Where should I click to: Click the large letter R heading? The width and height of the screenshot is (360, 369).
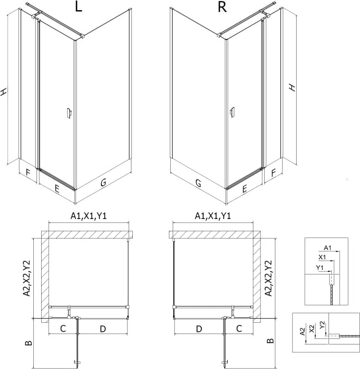tap(222, 7)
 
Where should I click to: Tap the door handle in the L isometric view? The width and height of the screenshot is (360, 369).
tap(69, 113)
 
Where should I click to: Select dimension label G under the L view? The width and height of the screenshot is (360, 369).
tap(103, 182)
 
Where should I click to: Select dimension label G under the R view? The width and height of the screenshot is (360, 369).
tap(199, 182)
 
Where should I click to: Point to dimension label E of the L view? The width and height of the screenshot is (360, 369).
tap(56, 188)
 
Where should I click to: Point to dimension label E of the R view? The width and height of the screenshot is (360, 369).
tap(244, 188)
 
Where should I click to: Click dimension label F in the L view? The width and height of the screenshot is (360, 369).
tap(28, 173)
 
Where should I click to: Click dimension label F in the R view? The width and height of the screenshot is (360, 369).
tap(273, 173)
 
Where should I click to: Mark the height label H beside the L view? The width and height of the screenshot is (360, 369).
tap(3, 92)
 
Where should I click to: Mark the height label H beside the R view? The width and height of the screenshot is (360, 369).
tap(292, 88)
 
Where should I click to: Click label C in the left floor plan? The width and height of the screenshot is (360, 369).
tap(63, 329)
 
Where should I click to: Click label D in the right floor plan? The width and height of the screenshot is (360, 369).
tap(199, 329)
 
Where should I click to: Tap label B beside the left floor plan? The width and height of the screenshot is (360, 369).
tap(28, 343)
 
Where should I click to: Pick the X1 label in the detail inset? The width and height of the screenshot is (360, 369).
tap(322, 257)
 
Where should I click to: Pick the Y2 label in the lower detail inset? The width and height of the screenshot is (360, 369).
tap(322, 325)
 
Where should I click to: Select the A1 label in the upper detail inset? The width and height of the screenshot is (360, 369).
tap(328, 248)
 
